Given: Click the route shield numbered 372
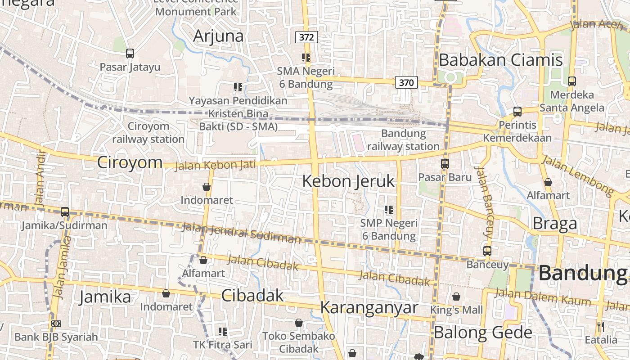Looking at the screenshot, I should [306, 37].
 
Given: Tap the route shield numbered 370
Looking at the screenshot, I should [406, 82].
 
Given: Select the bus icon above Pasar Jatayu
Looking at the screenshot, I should [130, 54].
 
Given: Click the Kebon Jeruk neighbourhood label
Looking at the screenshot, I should [348, 181].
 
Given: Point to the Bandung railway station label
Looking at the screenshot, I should [404, 140].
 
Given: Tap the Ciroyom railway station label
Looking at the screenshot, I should [148, 133].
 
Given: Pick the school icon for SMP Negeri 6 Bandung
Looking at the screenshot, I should [389, 209].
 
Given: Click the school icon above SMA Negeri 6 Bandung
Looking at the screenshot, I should [306, 58].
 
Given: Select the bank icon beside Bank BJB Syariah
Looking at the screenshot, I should [56, 324].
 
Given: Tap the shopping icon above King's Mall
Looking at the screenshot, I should [456, 297].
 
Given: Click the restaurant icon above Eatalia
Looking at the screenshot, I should [601, 326].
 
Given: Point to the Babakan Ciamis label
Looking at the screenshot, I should [500, 60].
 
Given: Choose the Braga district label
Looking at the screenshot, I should [555, 224].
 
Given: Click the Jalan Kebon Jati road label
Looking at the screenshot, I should [215, 165].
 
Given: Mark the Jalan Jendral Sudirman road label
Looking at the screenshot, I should [241, 230].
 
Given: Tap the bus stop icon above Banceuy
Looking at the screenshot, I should [487, 251].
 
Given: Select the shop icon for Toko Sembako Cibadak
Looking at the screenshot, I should [299, 323].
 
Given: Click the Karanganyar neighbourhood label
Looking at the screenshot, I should [369, 308].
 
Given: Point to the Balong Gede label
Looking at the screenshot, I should [483, 333].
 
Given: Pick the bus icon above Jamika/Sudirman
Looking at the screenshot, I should [65, 212].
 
